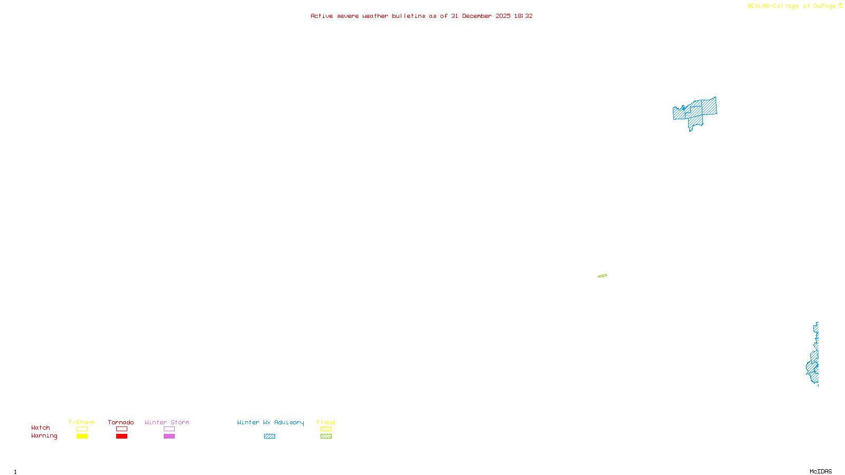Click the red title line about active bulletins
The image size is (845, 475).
coord(421,16)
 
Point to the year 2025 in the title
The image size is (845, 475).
coord(503,16)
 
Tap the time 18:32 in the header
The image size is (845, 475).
coord(523,16)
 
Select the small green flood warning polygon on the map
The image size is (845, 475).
coord(603,275)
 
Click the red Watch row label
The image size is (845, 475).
coord(41,427)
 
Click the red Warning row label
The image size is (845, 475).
coord(44,436)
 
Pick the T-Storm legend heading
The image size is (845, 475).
coord(81,422)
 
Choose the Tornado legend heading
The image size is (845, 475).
coord(121,422)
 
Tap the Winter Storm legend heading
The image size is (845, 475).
coord(167,422)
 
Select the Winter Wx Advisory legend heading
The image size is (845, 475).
coord(270,422)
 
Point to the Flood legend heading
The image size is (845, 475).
coord(326,422)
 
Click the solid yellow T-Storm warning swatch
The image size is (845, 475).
coord(82,436)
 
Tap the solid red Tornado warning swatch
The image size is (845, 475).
coord(122,436)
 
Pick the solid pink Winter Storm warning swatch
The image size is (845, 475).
coord(169,436)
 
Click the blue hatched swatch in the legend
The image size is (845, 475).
coord(269,436)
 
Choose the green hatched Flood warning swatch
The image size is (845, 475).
coord(326,436)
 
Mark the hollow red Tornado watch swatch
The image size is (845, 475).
coord(122,429)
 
